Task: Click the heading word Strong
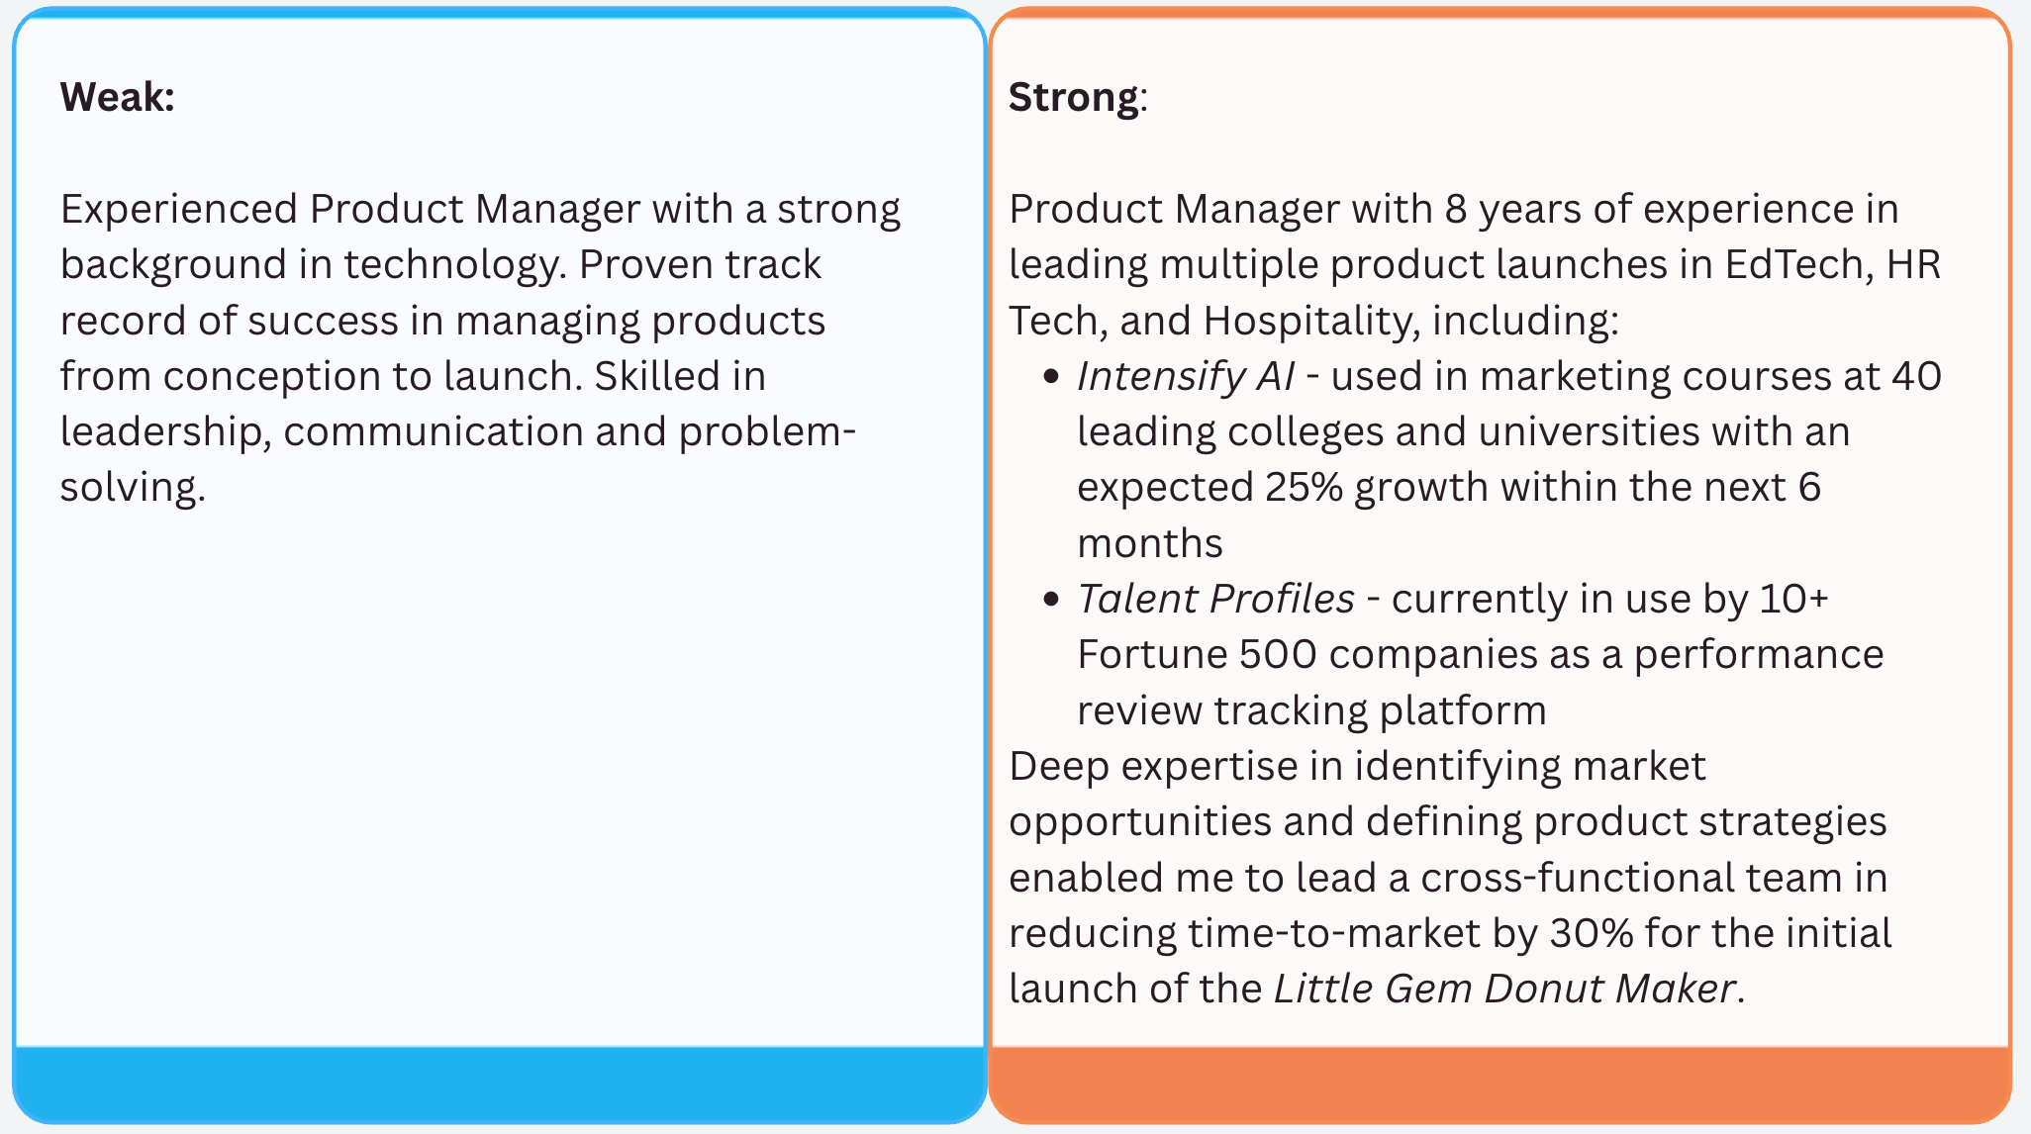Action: tap(1073, 98)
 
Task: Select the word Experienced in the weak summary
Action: tap(179, 210)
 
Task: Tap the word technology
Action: tap(454, 265)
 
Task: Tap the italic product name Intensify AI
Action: tap(1185, 377)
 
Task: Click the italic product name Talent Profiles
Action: tap(1215, 599)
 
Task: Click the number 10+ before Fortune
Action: tap(1793, 599)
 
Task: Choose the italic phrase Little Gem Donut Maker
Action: tap(1504, 989)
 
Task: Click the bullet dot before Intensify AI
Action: tap(1051, 377)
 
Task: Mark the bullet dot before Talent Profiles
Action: tap(1051, 600)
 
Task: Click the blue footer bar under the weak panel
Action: tap(500, 1084)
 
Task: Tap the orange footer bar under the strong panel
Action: tap(1499, 1084)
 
